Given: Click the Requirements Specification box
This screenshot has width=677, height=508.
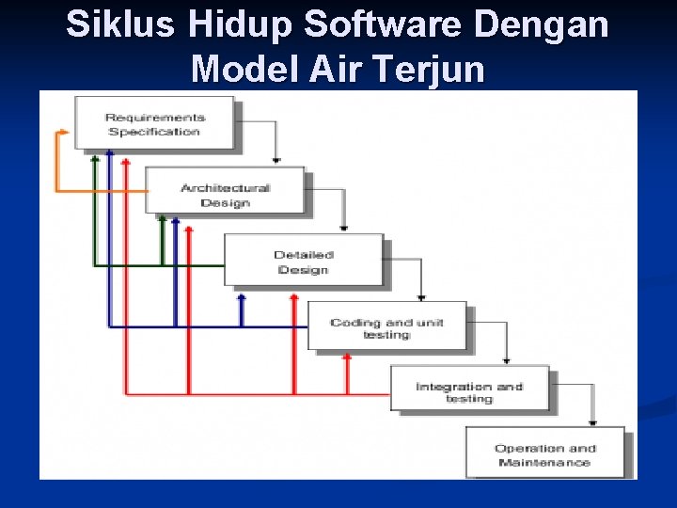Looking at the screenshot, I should coord(155,123).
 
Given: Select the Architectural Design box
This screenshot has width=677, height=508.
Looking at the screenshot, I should coord(225,194).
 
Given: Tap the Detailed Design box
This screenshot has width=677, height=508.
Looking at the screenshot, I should coord(304,262).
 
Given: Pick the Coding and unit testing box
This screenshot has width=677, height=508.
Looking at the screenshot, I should coord(386,327).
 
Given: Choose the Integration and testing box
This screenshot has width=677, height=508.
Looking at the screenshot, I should coord(469,391).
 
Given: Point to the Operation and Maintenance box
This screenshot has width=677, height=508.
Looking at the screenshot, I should coord(544,454).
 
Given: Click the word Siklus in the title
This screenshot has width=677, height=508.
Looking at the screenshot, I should coord(119,25).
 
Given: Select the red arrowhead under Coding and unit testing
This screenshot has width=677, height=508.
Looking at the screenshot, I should coord(347,357).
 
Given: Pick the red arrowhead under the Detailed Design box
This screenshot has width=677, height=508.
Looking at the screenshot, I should coord(293,299).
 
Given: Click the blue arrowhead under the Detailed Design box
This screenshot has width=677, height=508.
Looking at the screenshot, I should coord(242,298).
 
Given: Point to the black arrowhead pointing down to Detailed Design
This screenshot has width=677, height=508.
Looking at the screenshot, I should coord(343,227).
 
